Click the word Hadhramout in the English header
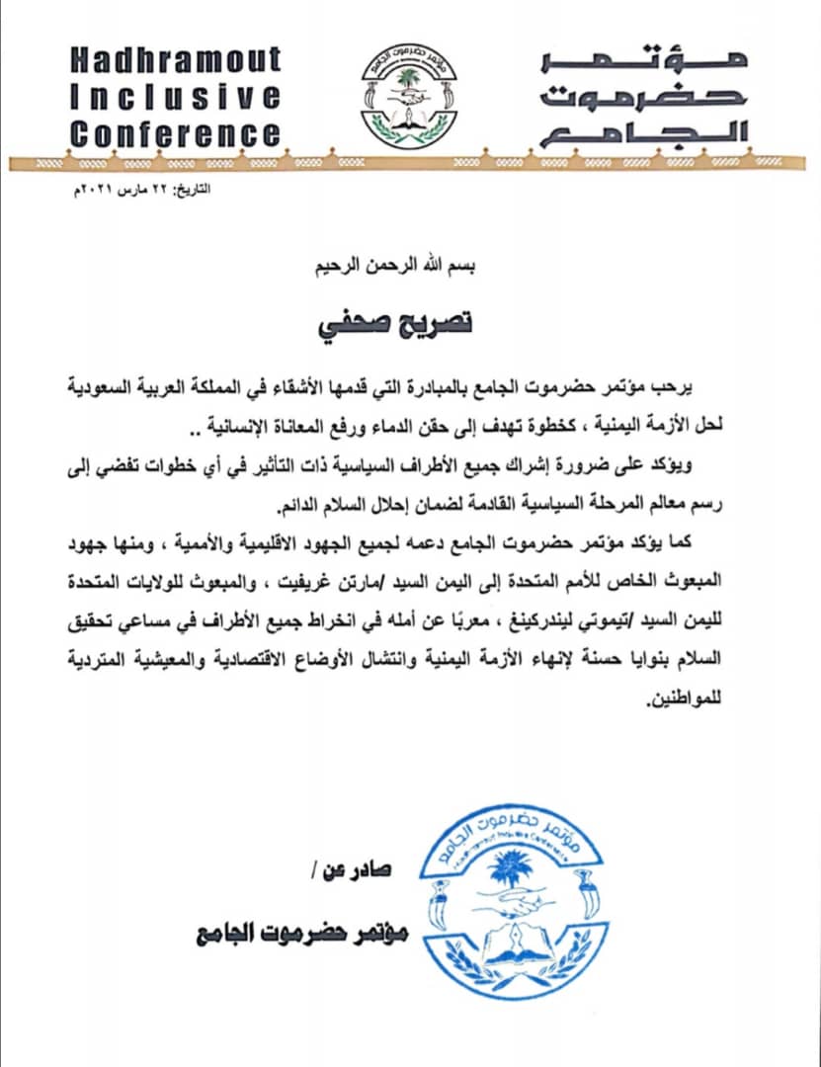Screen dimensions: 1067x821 176,60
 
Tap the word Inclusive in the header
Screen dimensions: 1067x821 176,97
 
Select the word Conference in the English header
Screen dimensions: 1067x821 176,133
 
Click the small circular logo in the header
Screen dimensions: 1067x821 398,96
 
